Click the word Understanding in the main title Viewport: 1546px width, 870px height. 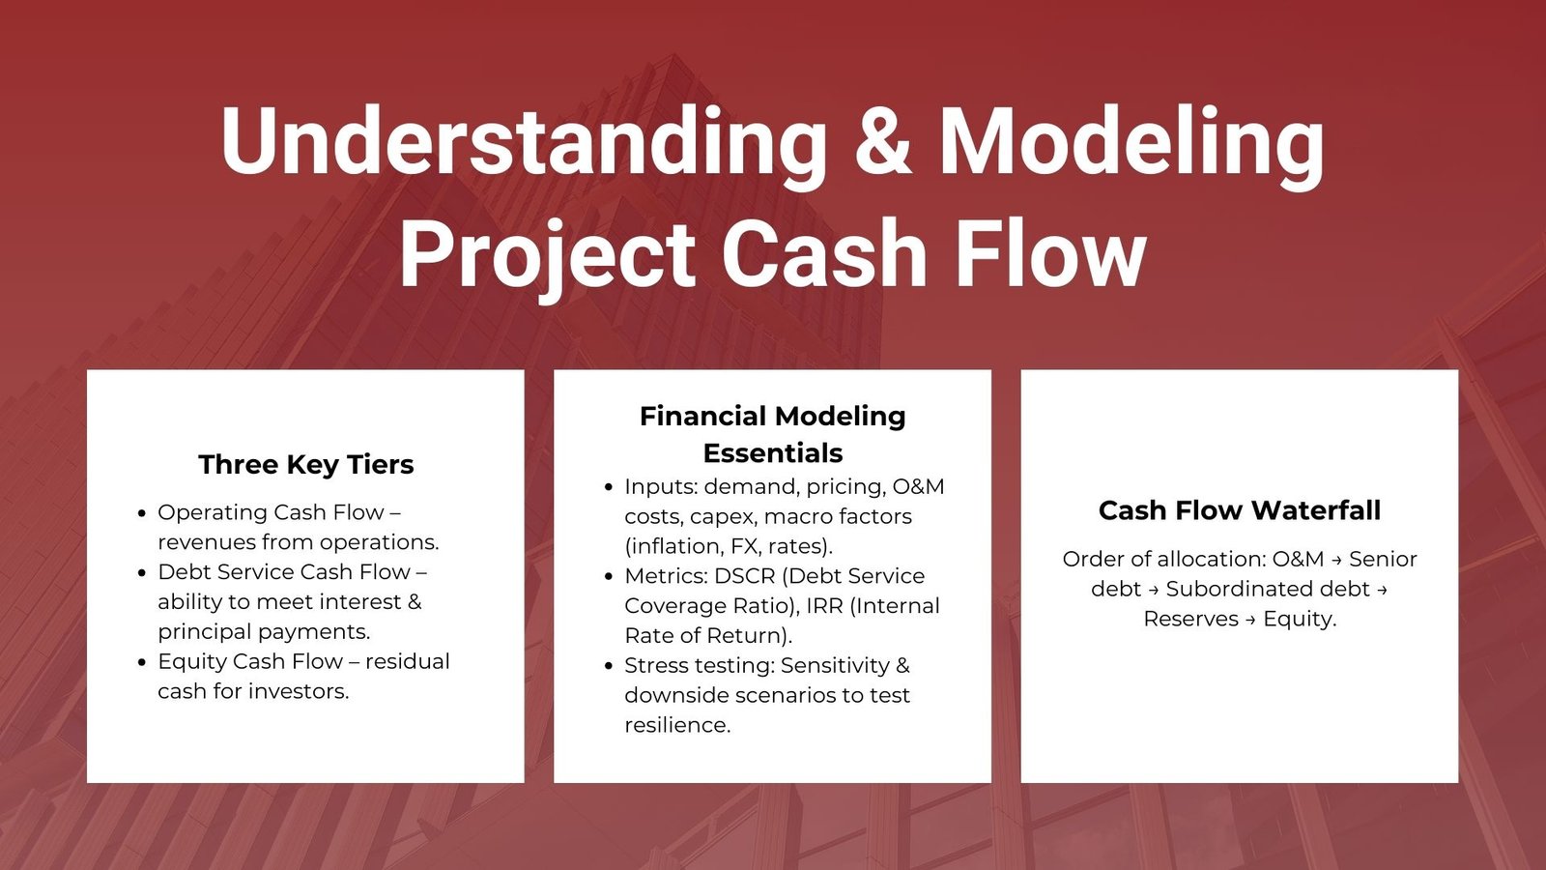[x=524, y=142]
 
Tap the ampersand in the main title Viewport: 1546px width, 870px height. [x=883, y=141]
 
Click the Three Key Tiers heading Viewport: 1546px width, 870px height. [x=305, y=465]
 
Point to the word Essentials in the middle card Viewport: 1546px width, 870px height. [x=773, y=453]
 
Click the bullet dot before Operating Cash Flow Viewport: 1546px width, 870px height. [x=142, y=513]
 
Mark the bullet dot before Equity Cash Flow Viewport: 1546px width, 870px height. [x=142, y=663]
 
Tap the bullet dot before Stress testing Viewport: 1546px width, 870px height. [x=609, y=667]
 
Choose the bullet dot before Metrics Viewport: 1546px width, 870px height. [x=609, y=577]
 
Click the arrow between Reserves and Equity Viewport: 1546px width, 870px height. [x=1250, y=620]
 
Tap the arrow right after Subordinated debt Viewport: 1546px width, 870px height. [x=1382, y=591]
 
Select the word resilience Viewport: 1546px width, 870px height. [x=677, y=725]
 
